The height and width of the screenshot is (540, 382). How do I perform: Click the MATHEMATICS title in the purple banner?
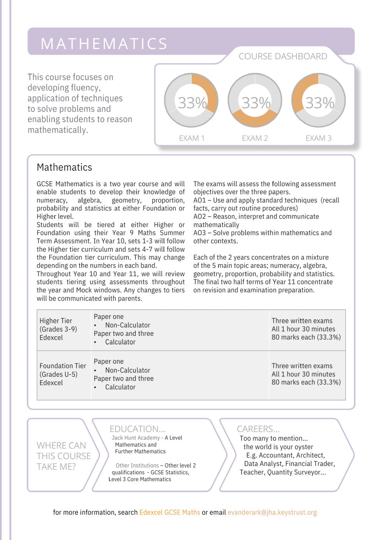point(104,44)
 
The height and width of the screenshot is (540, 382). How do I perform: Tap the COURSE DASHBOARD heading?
point(283,56)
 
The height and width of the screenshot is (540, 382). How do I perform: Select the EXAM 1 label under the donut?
point(192,138)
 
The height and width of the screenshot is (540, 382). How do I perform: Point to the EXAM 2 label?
point(255,138)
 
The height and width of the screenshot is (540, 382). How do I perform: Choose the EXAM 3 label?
point(318,138)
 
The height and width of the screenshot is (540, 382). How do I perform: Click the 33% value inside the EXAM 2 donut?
point(256,103)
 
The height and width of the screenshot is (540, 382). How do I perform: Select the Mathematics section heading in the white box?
point(64,168)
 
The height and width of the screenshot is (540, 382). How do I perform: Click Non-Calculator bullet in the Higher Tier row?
point(128,325)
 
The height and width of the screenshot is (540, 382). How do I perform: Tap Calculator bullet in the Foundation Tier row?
point(120,387)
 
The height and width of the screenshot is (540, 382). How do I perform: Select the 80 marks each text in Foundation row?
point(306,382)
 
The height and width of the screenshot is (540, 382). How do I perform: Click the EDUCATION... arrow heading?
point(137,429)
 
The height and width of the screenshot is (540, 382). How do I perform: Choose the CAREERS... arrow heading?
point(258,429)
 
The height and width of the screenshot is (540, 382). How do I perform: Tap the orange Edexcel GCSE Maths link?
point(170,512)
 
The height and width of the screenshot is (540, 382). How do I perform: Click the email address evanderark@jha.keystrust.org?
point(272,512)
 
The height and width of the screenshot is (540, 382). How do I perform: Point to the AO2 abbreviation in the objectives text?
point(199,217)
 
